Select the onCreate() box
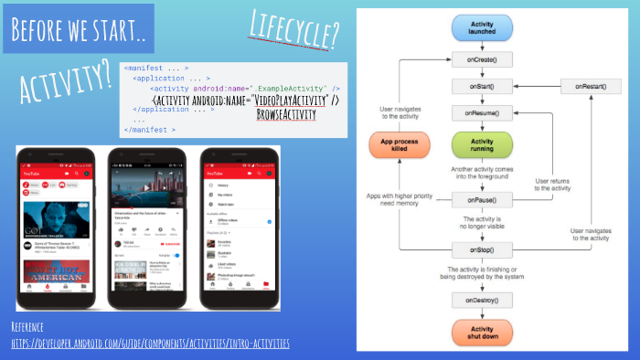pos(482,58)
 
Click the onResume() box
pos(482,112)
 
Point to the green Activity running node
pos(482,146)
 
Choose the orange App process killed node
pos(399,147)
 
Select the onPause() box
pos(482,198)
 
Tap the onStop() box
pos(482,249)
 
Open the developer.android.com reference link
pos(150,343)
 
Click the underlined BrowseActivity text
pos(285,114)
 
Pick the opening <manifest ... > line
pos(156,68)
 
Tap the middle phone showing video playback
pos(145,228)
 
